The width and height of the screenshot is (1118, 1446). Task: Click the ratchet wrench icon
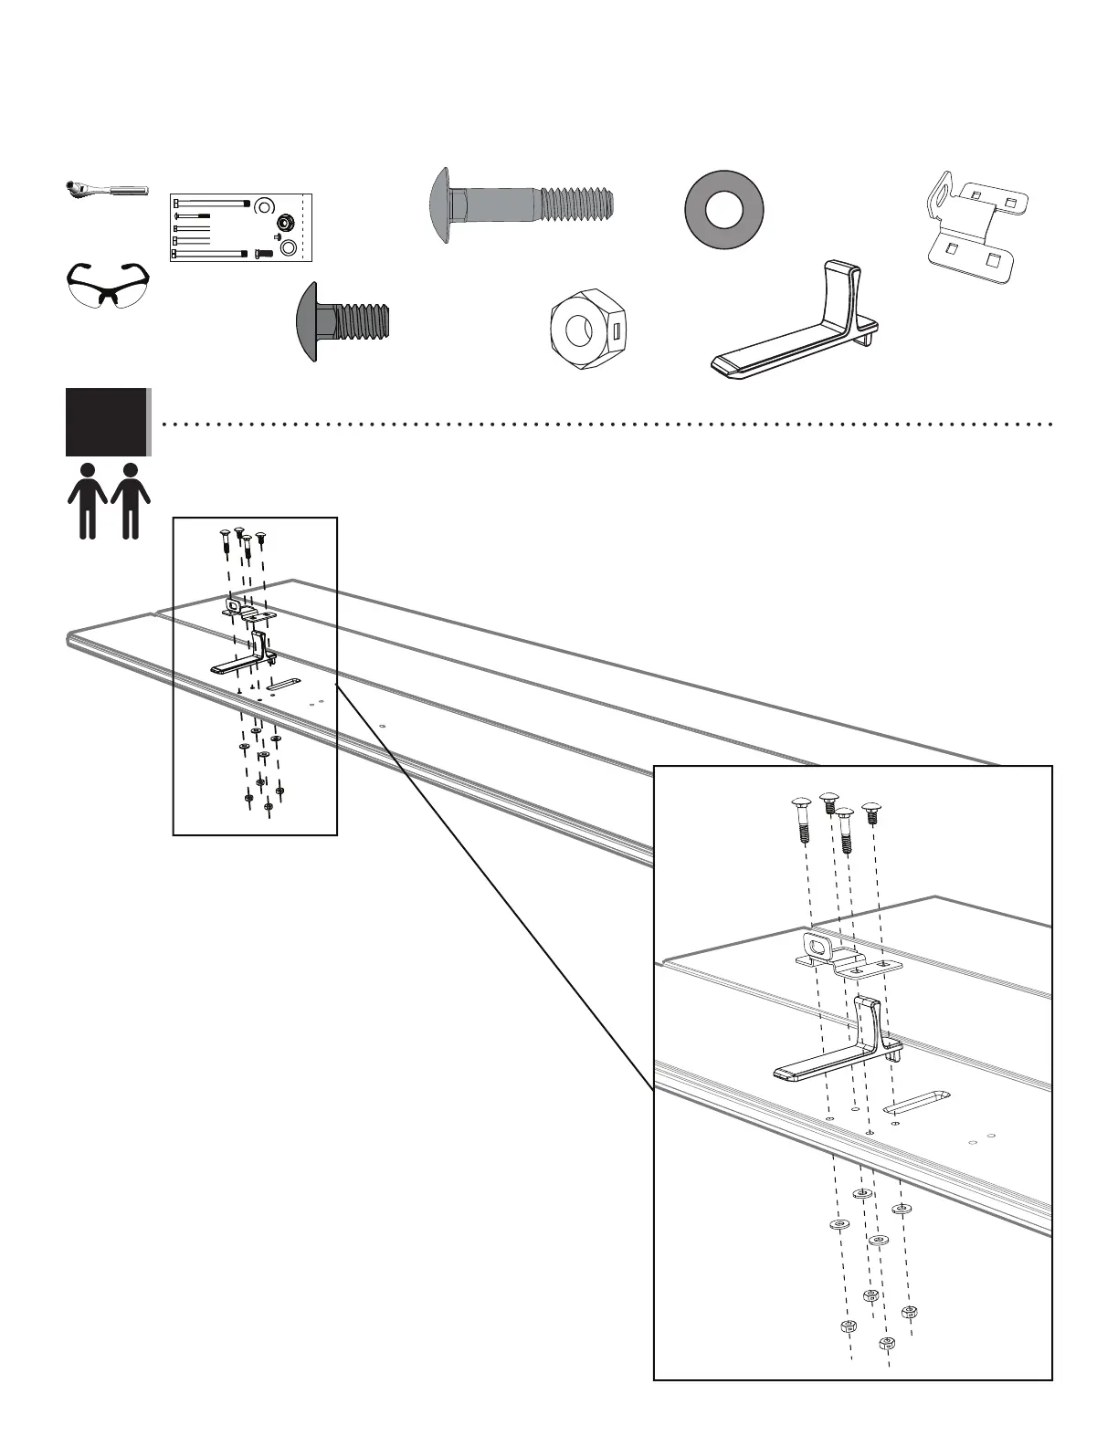click(x=106, y=189)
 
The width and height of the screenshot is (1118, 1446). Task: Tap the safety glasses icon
click(x=108, y=285)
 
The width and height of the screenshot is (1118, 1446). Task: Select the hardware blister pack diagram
click(x=241, y=227)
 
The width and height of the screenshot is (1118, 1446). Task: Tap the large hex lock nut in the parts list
click(x=587, y=328)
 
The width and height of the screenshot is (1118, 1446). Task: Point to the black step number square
click(x=106, y=422)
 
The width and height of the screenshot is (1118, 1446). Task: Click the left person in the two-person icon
click(x=88, y=500)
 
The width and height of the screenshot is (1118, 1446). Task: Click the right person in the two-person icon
click(x=131, y=500)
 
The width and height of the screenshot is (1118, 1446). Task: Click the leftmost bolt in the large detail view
click(x=798, y=819)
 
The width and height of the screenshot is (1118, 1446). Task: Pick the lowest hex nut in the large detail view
click(x=886, y=1343)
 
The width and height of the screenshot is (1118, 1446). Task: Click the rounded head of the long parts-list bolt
click(x=441, y=205)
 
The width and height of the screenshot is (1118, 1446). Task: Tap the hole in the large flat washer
click(x=724, y=210)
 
